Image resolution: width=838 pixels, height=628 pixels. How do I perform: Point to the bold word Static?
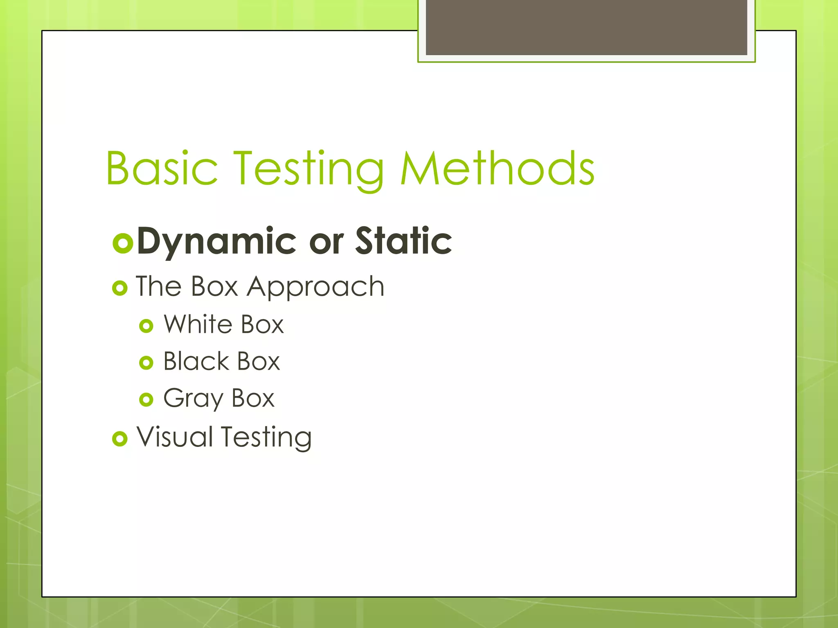tap(403, 241)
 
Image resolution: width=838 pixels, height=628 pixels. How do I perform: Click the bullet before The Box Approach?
tap(120, 289)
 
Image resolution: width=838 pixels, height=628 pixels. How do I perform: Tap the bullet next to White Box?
tap(146, 326)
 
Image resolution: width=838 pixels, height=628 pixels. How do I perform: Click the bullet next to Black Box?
tap(146, 363)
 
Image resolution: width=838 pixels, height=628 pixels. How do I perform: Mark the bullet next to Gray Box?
tap(146, 399)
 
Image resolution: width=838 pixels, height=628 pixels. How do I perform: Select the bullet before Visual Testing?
tap(120, 439)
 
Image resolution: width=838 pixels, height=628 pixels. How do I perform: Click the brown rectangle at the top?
tap(586, 27)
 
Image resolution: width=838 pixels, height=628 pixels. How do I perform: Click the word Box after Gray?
tap(253, 398)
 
